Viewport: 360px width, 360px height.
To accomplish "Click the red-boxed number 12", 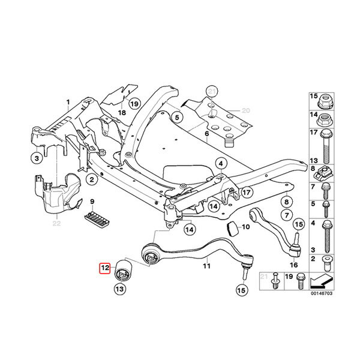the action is point(105,268).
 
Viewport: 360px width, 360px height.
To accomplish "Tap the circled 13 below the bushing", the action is point(120,289).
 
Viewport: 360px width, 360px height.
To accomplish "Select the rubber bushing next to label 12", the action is point(124,269).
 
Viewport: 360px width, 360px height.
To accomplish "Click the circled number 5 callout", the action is point(177,118).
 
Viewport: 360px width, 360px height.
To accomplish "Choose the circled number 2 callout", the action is point(92,179).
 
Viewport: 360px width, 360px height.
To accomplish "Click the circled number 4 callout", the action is point(221,164).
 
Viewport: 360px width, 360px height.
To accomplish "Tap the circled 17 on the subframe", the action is point(247,192).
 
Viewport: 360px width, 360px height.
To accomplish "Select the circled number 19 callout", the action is point(134,104).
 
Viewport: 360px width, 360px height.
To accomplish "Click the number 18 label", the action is point(122,113).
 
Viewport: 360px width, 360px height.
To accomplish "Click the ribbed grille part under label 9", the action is point(97,219).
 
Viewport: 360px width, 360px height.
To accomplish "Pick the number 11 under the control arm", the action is point(206,266).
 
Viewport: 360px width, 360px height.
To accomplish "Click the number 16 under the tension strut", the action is point(293,265).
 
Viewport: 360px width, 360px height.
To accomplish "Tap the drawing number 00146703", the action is point(322,293).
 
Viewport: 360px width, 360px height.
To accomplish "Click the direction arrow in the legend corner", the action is point(322,282).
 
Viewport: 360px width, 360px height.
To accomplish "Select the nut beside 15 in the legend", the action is point(326,101).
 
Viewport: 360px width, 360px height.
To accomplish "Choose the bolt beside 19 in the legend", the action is point(301,281).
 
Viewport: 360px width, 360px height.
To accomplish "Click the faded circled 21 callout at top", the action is point(212,92).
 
